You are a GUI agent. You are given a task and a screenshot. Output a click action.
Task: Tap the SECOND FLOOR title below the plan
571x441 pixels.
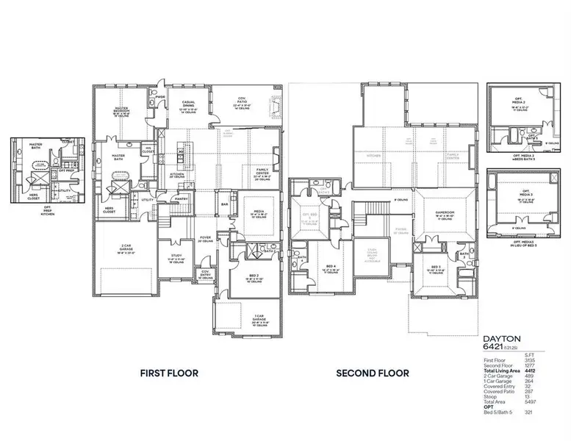[372, 373]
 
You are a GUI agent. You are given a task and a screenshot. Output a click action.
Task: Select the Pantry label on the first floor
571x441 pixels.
[181, 197]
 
